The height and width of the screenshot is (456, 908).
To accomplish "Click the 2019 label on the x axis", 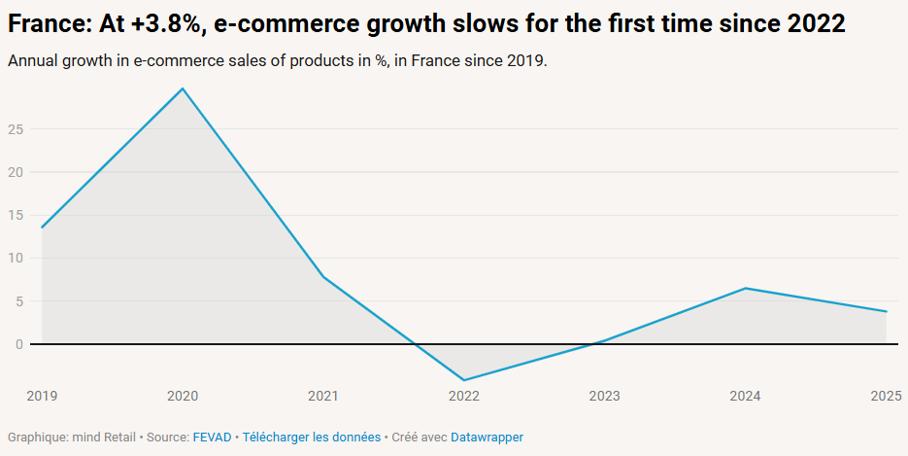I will [42, 396].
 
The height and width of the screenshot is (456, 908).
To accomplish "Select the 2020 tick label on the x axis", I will [183, 396].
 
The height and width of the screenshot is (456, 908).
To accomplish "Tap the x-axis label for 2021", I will [323, 396].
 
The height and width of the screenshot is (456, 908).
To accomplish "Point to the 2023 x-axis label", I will [605, 396].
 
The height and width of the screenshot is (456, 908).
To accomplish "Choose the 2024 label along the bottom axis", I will [746, 396].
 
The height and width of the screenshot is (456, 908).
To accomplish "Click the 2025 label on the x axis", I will [886, 396].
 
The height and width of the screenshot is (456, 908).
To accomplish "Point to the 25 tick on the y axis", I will [15, 129].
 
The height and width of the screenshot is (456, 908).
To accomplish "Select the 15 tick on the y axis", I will [15, 215].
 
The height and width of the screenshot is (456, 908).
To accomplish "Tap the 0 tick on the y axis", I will [18, 344].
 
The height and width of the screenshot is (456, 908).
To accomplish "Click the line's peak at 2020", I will [183, 88].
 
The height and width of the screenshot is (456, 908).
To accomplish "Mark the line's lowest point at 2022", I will [464, 380].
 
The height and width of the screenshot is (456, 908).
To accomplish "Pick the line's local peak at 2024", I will [746, 288].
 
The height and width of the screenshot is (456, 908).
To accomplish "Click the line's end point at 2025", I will [887, 311].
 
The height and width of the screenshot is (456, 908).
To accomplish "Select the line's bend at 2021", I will [323, 277].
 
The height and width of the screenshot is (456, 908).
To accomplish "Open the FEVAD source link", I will [212, 438].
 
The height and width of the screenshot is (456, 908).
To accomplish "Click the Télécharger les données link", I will [312, 438].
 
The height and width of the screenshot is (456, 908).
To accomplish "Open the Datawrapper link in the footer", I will [487, 438].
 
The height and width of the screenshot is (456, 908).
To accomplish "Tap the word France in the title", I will [45, 24].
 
